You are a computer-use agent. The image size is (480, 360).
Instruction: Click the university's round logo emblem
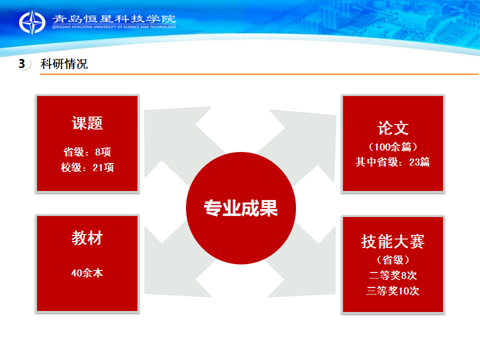point(32,22)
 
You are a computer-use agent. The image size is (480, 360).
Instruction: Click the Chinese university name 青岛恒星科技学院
point(114,19)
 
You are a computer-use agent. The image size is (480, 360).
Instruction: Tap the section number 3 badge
point(22,63)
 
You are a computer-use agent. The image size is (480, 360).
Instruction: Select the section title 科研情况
point(64,64)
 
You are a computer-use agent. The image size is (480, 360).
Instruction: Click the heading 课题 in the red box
point(87,123)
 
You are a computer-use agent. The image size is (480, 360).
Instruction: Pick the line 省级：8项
point(87,152)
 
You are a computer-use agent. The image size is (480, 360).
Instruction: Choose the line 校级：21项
point(87,167)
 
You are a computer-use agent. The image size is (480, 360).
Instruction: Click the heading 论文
point(393,128)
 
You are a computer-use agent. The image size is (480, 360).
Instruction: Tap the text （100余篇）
point(393,147)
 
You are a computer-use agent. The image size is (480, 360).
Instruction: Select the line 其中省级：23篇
point(393,161)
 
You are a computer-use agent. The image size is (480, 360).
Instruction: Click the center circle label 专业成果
point(241,208)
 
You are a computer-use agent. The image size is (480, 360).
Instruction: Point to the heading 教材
point(87,238)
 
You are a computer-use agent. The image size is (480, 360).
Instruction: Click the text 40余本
point(87,273)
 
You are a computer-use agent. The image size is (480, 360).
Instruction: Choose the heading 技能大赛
point(393,241)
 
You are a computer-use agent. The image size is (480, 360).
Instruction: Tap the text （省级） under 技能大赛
point(393,260)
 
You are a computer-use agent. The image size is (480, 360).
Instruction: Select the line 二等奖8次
point(393,275)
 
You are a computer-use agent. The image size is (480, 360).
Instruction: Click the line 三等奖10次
point(393,290)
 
